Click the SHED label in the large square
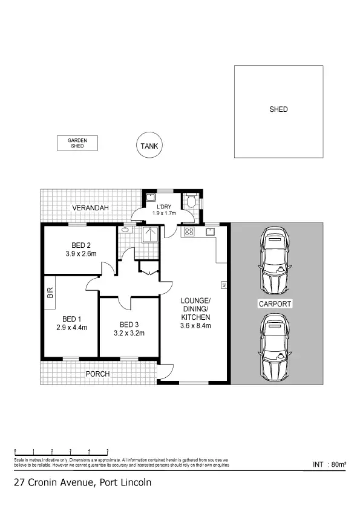[278, 109]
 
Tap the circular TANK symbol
[148, 146]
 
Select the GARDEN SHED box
[77, 143]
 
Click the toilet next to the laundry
[192, 201]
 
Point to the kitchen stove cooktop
[189, 232]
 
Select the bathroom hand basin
[126, 229]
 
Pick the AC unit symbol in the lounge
[223, 285]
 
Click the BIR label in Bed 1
[51, 293]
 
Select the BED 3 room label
[129, 324]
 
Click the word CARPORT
[275, 304]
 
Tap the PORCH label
[97, 374]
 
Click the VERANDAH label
[91, 208]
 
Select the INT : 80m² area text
[329, 464]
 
